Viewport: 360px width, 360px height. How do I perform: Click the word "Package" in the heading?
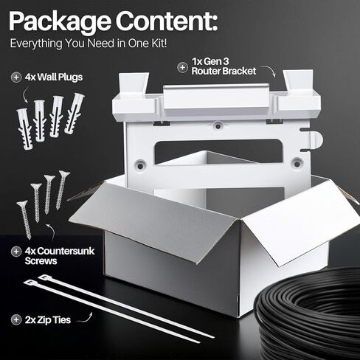[60, 21]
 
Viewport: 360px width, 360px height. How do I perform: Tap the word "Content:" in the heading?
[167, 21]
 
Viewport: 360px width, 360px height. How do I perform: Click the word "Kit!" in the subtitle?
[158, 44]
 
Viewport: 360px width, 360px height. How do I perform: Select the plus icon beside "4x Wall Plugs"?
[16, 77]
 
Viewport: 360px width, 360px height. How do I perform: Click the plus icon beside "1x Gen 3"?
[182, 67]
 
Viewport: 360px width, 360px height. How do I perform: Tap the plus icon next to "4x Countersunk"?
[16, 252]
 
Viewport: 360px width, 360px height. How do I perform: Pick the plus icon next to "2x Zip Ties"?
[16, 319]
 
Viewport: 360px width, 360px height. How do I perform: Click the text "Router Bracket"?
[224, 71]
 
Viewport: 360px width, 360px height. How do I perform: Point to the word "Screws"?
[41, 261]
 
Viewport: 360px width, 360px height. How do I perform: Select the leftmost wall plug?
[24, 128]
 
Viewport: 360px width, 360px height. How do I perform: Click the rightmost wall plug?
[74, 113]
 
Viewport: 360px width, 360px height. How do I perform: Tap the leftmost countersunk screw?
[24, 219]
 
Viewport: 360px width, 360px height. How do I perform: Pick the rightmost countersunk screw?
[62, 190]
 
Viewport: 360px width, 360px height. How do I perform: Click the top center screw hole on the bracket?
[218, 126]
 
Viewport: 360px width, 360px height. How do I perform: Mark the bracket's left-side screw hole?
[140, 166]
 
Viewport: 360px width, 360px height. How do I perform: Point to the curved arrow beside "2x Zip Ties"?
[85, 318]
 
